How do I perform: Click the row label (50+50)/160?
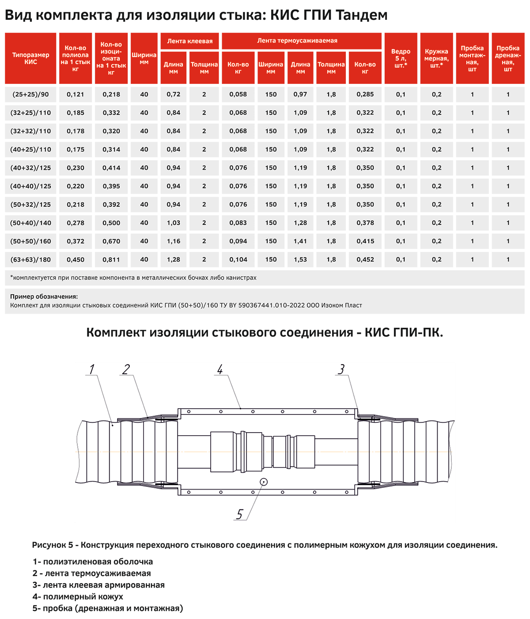click(30, 241)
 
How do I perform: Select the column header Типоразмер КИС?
click(30, 58)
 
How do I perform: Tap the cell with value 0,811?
click(111, 260)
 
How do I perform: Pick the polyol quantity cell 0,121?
click(76, 94)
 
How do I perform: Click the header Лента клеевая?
click(190, 41)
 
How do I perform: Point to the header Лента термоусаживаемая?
click(297, 41)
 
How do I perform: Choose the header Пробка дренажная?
click(508, 58)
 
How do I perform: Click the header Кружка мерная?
click(436, 58)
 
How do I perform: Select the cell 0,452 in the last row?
click(365, 260)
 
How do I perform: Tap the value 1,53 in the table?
click(300, 260)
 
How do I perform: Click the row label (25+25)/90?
click(30, 94)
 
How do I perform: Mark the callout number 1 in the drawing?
click(92, 369)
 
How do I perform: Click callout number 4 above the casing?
click(220, 369)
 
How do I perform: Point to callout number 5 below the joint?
click(239, 514)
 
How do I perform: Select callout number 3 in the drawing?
click(341, 369)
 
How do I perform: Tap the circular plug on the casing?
click(264, 482)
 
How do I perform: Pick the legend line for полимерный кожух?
click(78, 596)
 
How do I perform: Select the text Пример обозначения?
click(44, 296)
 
